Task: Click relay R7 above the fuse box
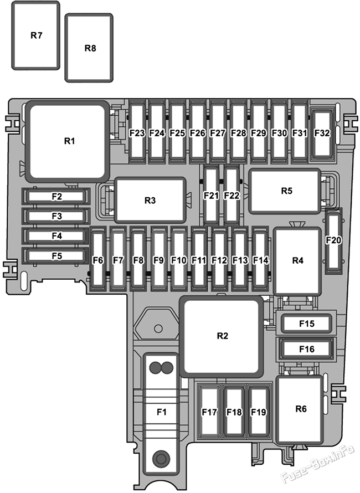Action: (36, 35)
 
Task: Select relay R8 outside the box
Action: (89, 48)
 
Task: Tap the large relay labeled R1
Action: (68, 141)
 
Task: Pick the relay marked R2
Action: (222, 336)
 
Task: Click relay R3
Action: (150, 201)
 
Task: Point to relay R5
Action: (285, 191)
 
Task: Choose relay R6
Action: (300, 409)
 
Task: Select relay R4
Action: (297, 261)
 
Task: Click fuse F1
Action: (161, 413)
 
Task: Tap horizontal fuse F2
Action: (56, 197)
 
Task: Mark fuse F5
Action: (56, 256)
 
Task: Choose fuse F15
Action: (306, 323)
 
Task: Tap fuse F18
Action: (234, 411)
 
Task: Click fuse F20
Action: (333, 240)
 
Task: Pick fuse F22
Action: (232, 195)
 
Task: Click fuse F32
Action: (322, 133)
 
